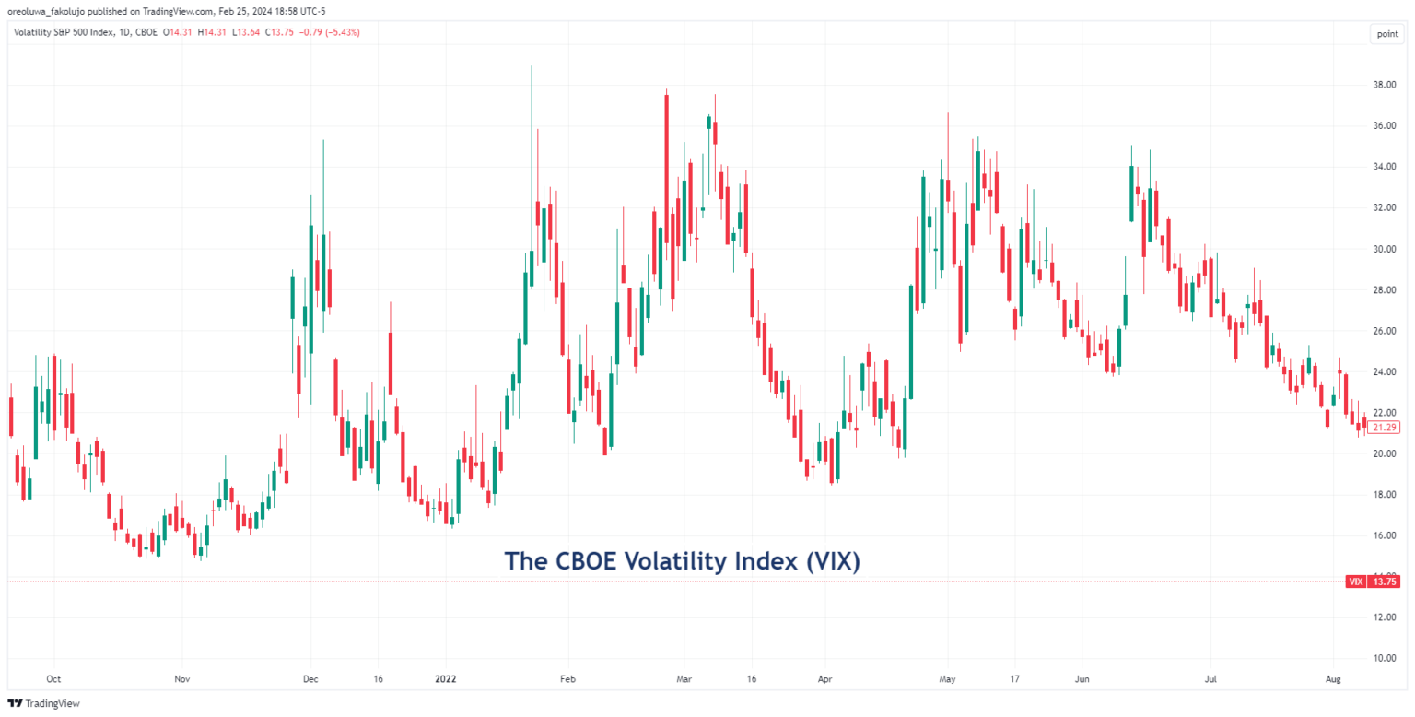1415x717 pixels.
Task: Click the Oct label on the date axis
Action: point(53,678)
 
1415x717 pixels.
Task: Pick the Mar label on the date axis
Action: point(683,678)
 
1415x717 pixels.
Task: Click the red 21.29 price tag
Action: point(1383,428)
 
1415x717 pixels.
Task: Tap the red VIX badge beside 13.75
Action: point(1355,582)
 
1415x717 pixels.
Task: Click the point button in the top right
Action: point(1386,34)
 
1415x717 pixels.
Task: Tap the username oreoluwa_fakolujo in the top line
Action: point(46,11)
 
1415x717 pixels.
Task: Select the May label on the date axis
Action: point(947,678)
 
